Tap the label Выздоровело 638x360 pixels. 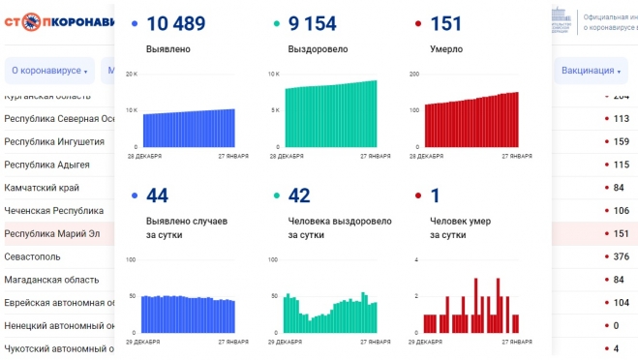318,48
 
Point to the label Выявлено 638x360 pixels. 168,48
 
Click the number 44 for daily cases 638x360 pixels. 157,195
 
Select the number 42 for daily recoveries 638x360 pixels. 299,195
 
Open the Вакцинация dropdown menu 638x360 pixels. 590,71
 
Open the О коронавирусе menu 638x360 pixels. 48,71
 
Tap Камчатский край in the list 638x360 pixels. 42,187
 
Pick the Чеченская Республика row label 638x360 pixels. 53,210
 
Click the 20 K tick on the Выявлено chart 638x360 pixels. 132,75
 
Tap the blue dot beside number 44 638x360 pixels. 134,196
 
